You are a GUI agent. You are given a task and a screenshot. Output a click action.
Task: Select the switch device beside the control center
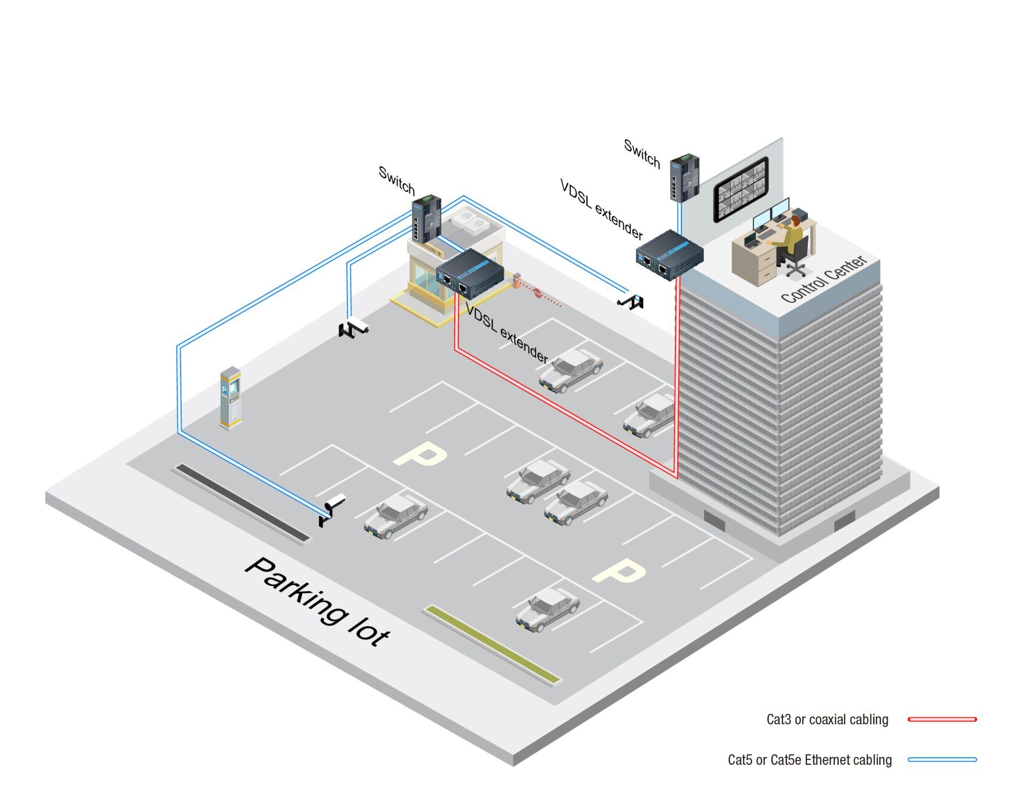685,177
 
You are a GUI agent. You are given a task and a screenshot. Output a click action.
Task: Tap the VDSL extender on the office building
669,255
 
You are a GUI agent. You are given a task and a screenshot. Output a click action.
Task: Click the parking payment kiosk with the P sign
231,397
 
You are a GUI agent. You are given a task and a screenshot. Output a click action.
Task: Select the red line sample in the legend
942,719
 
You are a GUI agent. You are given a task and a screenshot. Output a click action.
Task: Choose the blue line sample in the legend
942,759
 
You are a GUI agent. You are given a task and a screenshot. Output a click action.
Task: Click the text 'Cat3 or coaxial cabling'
827,719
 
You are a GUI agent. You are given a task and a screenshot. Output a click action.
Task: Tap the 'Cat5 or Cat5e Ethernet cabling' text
810,760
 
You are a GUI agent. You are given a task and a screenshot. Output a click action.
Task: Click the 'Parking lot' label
318,601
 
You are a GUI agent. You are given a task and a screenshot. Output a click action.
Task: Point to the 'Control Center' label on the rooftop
823,279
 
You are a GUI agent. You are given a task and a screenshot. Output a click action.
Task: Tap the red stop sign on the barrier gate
538,293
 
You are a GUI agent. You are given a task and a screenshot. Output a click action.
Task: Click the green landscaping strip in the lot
492,644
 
